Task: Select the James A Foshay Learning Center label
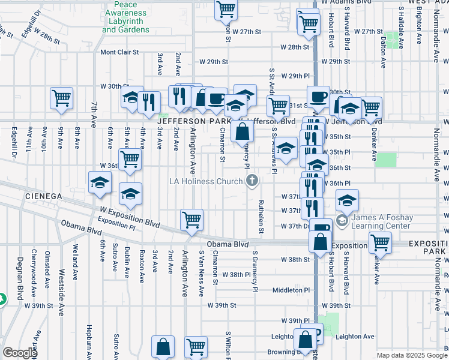382,221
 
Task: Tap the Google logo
20,353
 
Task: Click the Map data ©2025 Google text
411,355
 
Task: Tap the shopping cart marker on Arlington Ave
191,220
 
